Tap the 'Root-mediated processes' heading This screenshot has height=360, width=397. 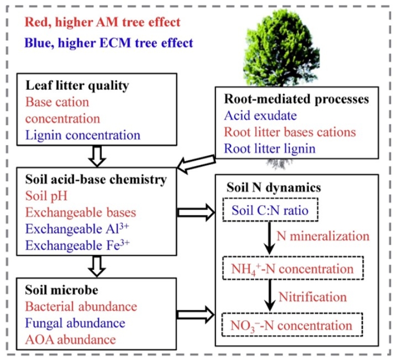297,99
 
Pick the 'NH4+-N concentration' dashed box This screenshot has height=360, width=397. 293,269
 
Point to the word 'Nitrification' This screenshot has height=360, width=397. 312,297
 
